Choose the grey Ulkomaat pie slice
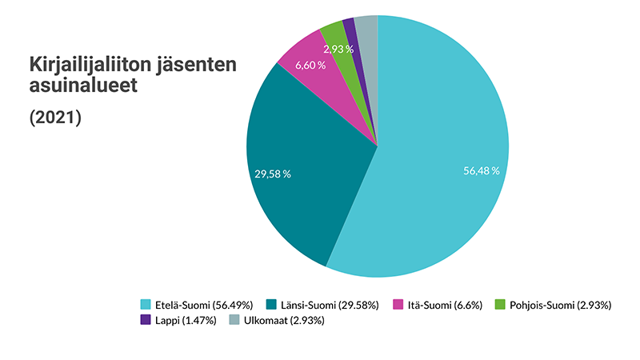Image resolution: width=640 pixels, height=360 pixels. click(366, 28)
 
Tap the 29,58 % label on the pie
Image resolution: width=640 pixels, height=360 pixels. click(272, 174)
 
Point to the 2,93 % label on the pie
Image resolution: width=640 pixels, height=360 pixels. click(338, 50)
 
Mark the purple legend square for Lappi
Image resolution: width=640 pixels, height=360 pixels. click(146, 320)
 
